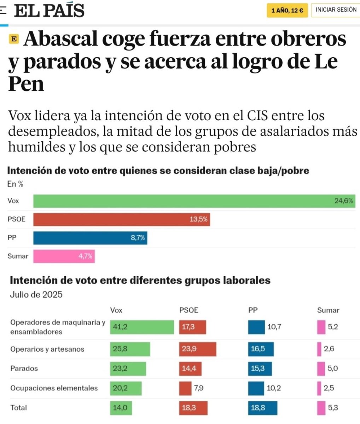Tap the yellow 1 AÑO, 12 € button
click(287, 10)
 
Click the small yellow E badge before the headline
click(13, 40)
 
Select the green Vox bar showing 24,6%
click(194, 201)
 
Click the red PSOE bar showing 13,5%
click(121, 219)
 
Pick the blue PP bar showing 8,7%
click(90, 238)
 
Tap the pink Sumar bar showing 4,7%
click(64, 256)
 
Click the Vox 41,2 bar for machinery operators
click(142, 327)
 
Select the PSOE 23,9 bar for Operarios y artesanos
click(197, 349)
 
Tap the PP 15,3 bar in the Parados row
click(260, 369)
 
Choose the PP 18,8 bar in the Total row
click(262, 408)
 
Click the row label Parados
click(24, 369)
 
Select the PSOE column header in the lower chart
click(188, 310)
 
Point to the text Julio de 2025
click(36, 294)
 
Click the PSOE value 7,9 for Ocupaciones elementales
click(198, 388)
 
